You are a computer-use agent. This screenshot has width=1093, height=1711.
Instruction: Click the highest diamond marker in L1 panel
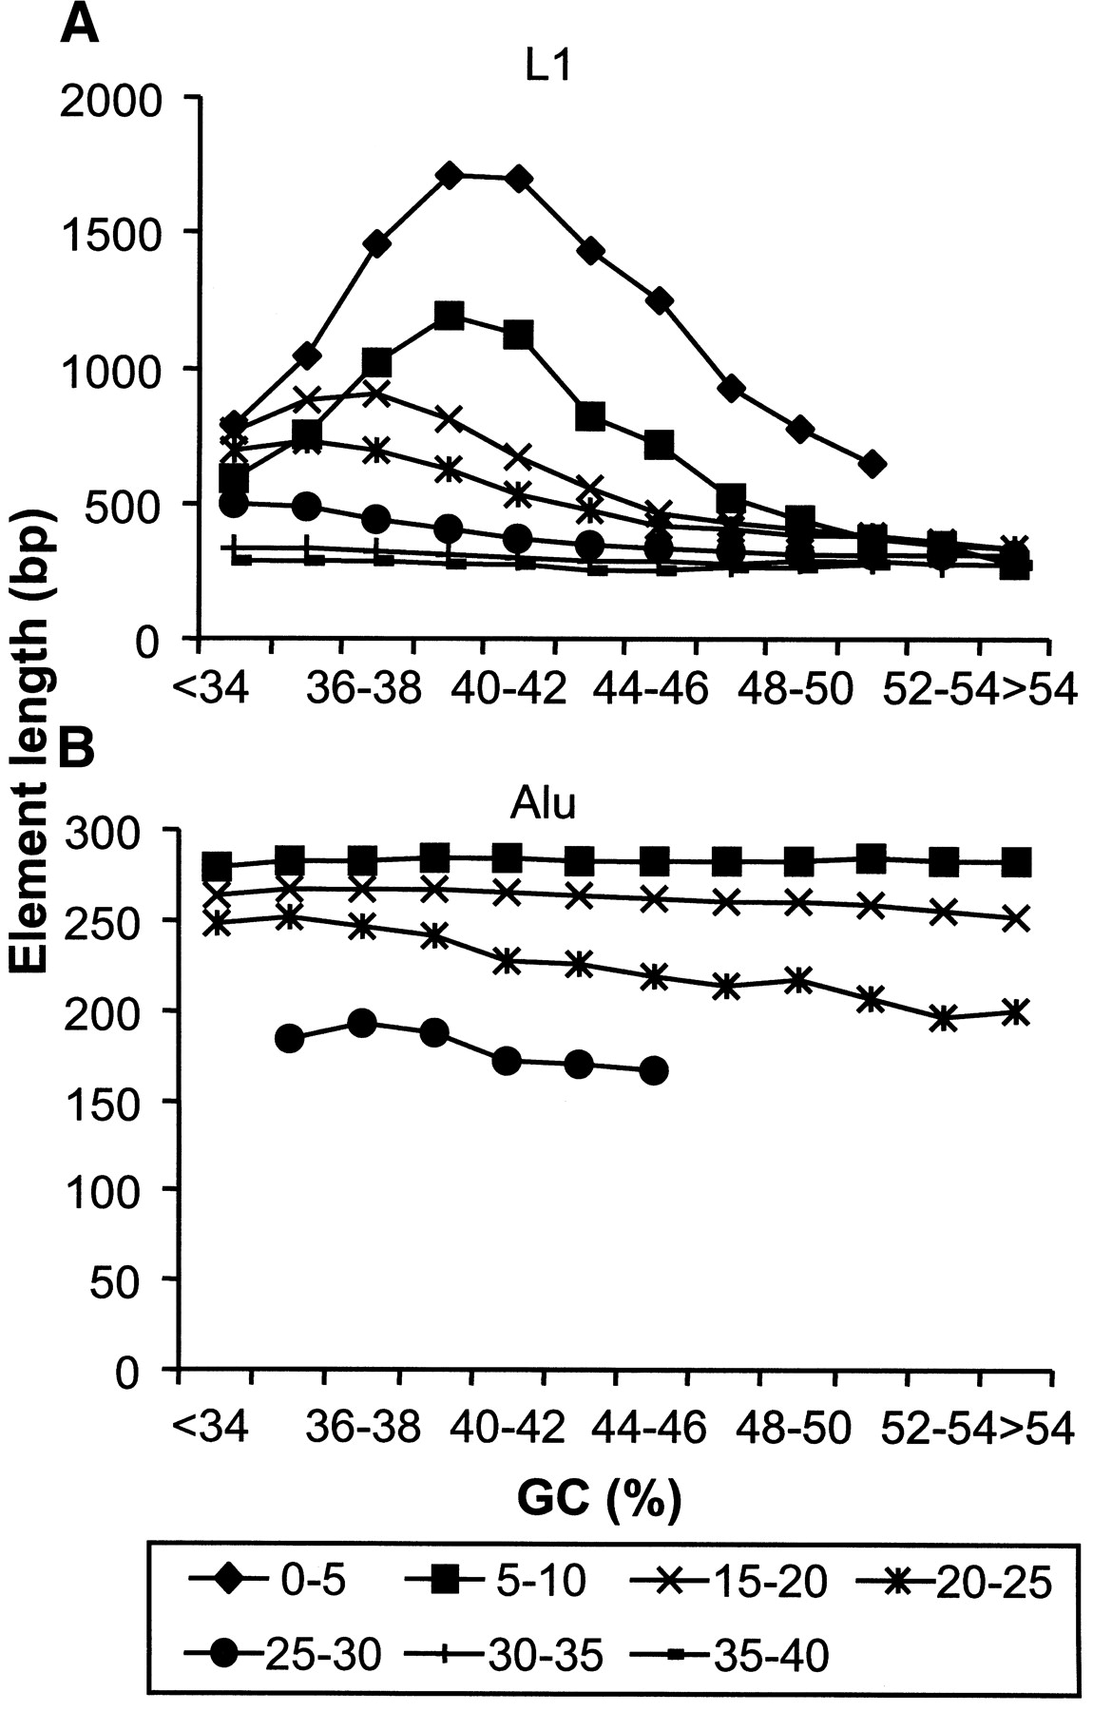451,175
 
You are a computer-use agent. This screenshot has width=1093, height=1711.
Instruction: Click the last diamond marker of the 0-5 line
872,465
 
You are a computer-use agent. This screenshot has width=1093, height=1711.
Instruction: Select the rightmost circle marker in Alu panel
654,1070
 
